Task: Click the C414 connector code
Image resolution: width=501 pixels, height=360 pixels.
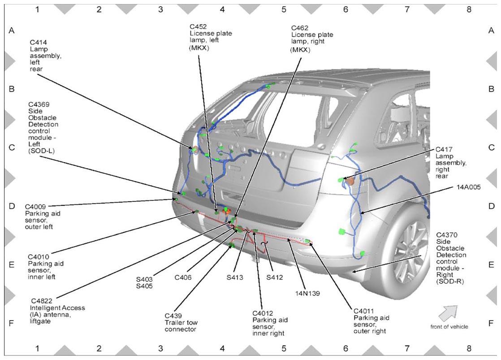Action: click(39, 42)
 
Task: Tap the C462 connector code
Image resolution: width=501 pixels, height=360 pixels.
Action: click(300, 28)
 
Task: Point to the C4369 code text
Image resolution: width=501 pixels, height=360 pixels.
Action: click(39, 104)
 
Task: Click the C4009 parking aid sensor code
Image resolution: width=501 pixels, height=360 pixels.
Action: click(35, 207)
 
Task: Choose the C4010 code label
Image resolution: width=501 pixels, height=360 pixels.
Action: click(39, 257)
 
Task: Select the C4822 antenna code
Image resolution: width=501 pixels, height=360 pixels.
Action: click(42, 301)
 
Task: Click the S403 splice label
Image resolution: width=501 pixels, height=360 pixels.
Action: click(144, 279)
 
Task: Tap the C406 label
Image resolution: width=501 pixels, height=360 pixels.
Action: click(183, 278)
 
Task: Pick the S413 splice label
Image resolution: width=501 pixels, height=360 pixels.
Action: click(235, 278)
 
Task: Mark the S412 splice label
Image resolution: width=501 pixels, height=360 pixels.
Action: click(275, 278)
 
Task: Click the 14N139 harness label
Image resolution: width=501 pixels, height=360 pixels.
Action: click(308, 293)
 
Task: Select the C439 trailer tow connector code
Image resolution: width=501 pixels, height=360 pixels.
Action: click(173, 316)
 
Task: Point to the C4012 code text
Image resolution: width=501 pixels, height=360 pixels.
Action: click(263, 313)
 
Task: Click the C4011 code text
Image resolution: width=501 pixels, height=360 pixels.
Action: click(364, 311)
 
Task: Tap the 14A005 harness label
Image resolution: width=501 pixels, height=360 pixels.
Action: click(469, 187)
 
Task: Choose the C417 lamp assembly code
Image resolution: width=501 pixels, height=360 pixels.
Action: click(444, 150)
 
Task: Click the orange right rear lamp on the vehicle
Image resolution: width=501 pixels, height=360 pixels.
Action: click(350, 181)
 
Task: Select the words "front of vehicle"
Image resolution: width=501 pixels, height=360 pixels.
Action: click(449, 327)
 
